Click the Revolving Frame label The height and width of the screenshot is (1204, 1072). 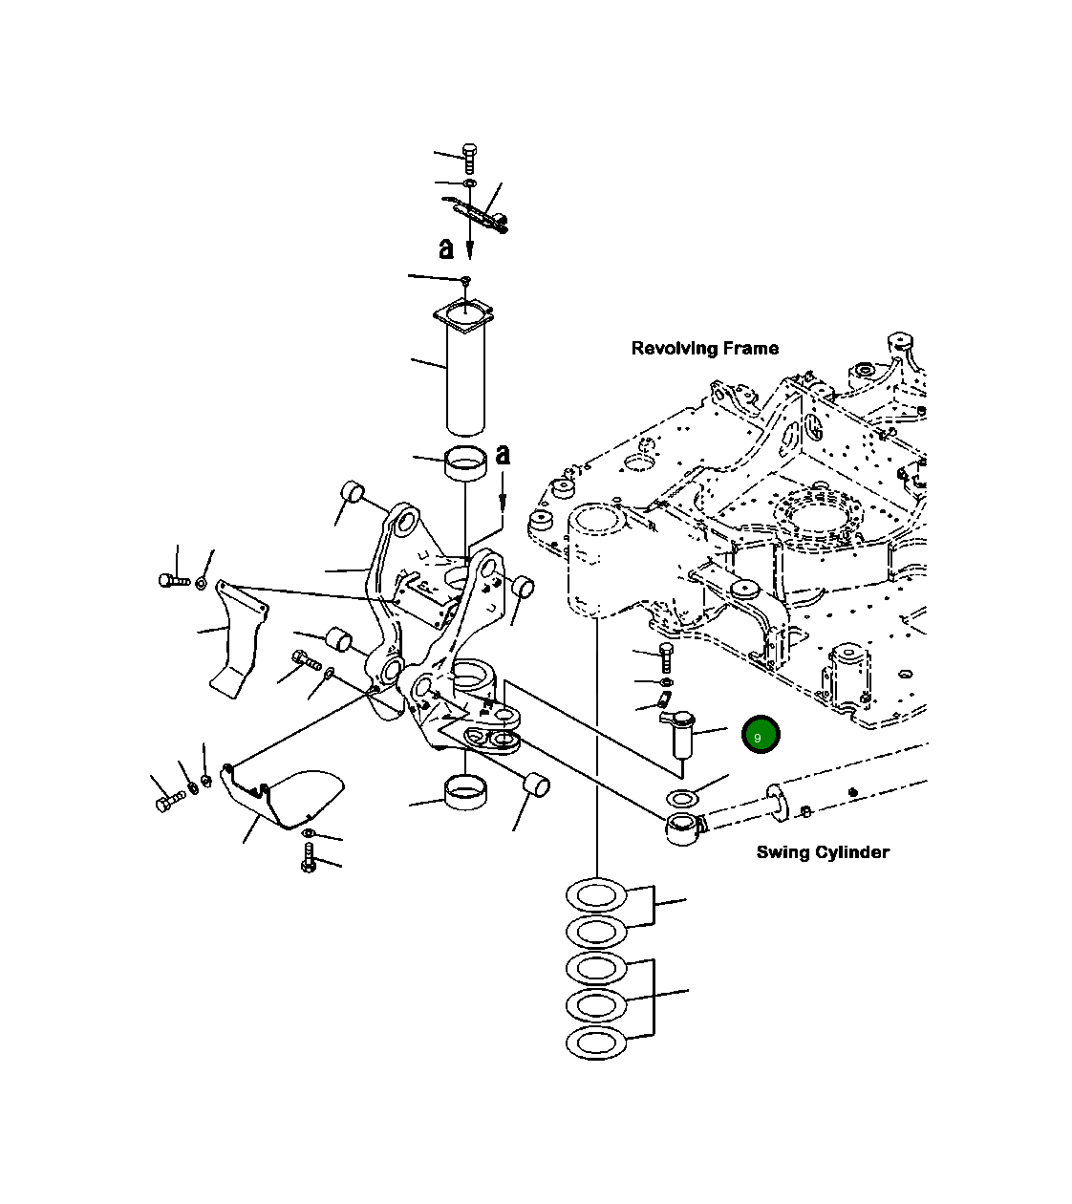(x=704, y=348)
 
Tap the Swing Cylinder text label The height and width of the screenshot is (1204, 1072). (x=822, y=851)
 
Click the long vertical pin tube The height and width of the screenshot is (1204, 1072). (x=465, y=377)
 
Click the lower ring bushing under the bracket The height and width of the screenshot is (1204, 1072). (x=464, y=793)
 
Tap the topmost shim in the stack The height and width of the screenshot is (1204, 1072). (x=595, y=896)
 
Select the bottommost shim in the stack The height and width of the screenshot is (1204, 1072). (x=595, y=1043)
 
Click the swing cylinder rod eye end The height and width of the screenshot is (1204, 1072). (x=681, y=828)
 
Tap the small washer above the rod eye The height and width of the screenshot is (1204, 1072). (x=680, y=798)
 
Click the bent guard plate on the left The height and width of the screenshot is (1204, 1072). (x=237, y=635)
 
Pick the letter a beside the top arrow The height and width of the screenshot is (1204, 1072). (x=446, y=248)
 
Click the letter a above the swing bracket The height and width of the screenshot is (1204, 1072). (x=503, y=455)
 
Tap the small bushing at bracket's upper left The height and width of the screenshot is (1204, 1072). (x=352, y=493)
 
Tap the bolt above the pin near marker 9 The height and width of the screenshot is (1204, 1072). (x=666, y=656)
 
